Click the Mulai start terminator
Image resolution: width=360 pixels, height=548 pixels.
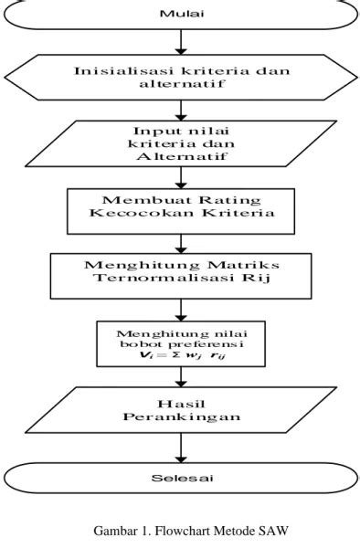pyautogui.click(x=182, y=14)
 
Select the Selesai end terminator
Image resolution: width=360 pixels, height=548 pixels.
pyautogui.click(x=182, y=478)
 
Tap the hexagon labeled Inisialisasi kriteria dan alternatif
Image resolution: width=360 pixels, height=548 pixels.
pyautogui.click(x=182, y=77)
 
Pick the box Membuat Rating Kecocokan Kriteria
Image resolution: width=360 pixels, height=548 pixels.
pyautogui.click(x=182, y=211)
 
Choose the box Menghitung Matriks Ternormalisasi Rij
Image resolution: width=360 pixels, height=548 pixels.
pyautogui.click(x=182, y=274)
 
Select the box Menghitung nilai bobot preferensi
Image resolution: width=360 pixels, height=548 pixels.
pyautogui.click(x=182, y=340)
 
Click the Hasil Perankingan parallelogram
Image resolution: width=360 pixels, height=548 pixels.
pyautogui.click(x=182, y=410)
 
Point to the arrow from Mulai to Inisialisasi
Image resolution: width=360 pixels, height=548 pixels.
pyautogui.click(x=182, y=40)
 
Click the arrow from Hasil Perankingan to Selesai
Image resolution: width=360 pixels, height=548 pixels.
pyautogui.click(x=182, y=448)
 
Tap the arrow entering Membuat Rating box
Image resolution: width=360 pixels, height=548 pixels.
pyautogui.click(x=182, y=178)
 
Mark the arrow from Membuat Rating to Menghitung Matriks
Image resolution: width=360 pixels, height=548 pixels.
pyautogui.click(x=182, y=242)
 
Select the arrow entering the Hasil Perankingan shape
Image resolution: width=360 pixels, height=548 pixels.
pyautogui.click(x=182, y=374)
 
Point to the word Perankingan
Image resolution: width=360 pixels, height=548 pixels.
pyautogui.click(x=182, y=417)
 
